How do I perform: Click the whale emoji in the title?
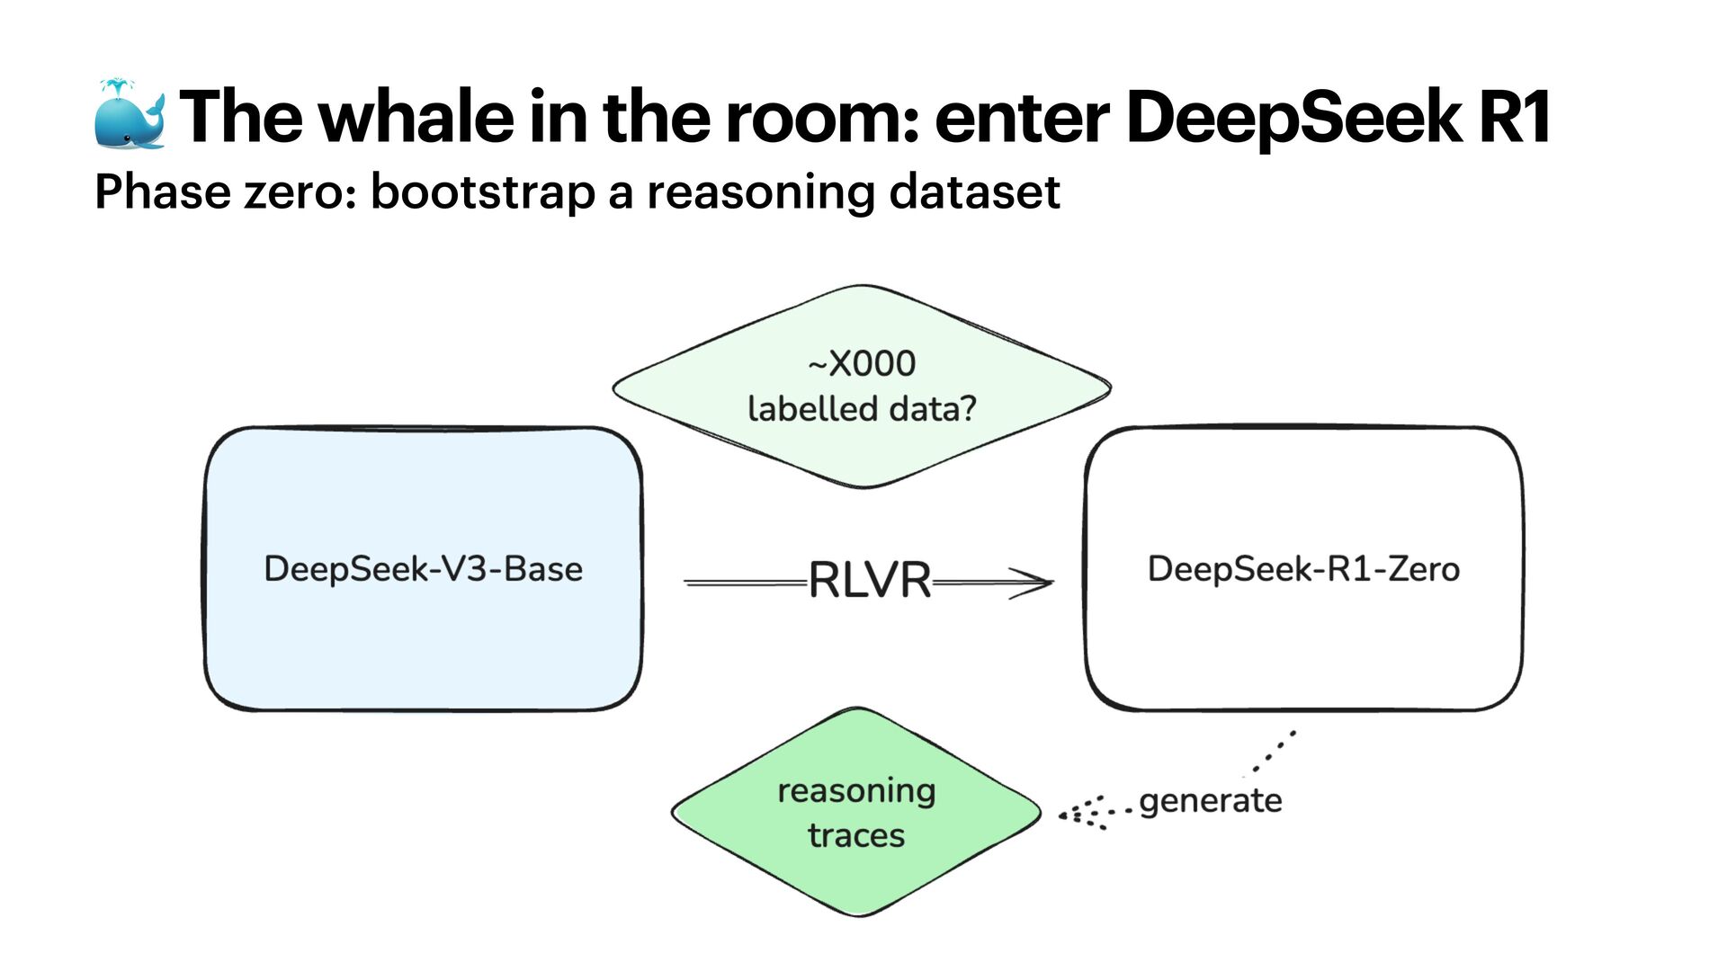tap(130, 115)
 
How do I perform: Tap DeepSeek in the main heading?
tap(1293, 117)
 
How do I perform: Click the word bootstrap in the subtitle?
tap(483, 192)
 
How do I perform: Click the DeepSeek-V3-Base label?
tap(423, 569)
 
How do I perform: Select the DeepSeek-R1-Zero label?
tap(1303, 569)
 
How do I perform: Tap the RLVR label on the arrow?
tap(870, 580)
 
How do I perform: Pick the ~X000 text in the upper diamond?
tap(862, 363)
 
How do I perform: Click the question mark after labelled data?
tap(968, 409)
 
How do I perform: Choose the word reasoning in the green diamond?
tap(856, 791)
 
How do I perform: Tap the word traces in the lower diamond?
tap(856, 836)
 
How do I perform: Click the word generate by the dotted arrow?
tap(1210, 800)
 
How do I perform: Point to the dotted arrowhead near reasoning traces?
tap(1070, 815)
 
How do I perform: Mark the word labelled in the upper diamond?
tap(812, 409)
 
